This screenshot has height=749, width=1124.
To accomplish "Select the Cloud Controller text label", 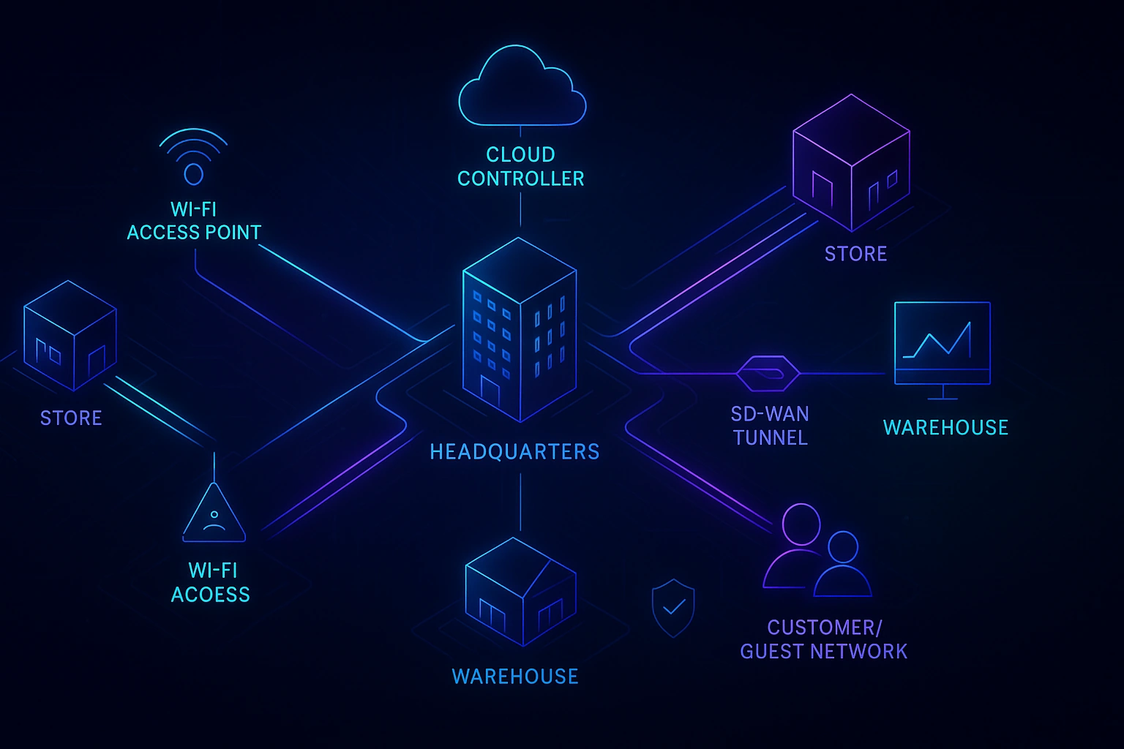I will click(x=520, y=167).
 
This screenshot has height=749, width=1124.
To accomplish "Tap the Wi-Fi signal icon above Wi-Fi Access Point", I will click(x=193, y=157).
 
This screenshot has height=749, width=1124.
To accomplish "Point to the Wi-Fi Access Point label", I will click(x=194, y=221).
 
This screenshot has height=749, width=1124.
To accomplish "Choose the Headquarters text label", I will click(x=514, y=452).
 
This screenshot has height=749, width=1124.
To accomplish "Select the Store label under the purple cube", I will click(x=855, y=254).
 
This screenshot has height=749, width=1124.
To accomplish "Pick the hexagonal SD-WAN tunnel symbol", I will click(x=768, y=374).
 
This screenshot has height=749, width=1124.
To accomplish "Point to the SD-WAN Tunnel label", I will click(x=770, y=426).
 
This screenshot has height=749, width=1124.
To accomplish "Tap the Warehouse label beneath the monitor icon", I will click(x=945, y=428).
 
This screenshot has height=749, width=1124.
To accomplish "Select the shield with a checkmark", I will click(x=673, y=606).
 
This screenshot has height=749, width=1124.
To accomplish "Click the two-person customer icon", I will click(x=817, y=552).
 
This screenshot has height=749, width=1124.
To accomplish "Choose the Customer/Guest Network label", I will click(x=824, y=639).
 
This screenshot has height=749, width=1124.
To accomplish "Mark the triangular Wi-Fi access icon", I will click(x=214, y=513).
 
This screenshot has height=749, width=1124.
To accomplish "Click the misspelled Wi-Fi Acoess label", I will click(x=211, y=582).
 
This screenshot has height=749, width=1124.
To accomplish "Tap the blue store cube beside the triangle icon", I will click(x=70, y=334).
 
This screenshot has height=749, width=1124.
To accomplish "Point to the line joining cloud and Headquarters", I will click(x=520, y=208).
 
